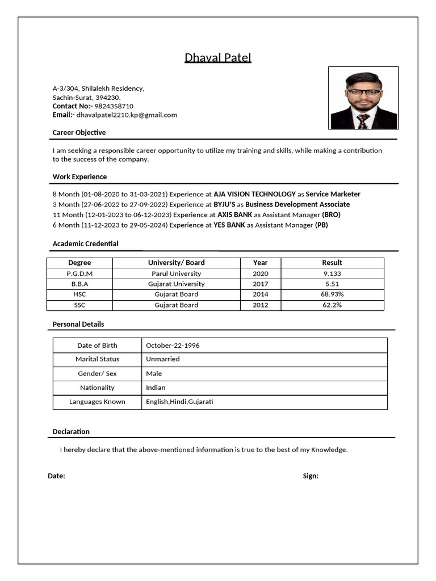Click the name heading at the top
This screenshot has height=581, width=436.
tap(217, 58)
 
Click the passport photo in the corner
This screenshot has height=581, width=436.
tap(363, 98)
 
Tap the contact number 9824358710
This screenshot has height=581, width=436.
tap(114, 106)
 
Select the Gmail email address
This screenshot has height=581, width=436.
tap(127, 115)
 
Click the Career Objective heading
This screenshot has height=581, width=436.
tap(79, 132)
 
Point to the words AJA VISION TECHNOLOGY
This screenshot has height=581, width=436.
tap(254, 194)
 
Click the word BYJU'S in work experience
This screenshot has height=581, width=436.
tap(224, 204)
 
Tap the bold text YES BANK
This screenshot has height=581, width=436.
tap(229, 225)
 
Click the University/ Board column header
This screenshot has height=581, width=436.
tap(176, 263)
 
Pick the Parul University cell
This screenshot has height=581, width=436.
tap(176, 273)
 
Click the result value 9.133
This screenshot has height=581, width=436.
tap(332, 273)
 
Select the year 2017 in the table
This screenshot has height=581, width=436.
tap(261, 284)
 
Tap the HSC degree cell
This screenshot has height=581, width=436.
tap(79, 294)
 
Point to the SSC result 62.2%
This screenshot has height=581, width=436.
tap(332, 305)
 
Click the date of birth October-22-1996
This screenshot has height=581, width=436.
tap(173, 346)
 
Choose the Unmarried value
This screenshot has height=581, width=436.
tap(162, 359)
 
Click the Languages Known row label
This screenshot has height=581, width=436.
tap(97, 402)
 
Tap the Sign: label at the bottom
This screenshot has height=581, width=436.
tap(311, 476)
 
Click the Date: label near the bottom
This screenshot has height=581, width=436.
tap(56, 476)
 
